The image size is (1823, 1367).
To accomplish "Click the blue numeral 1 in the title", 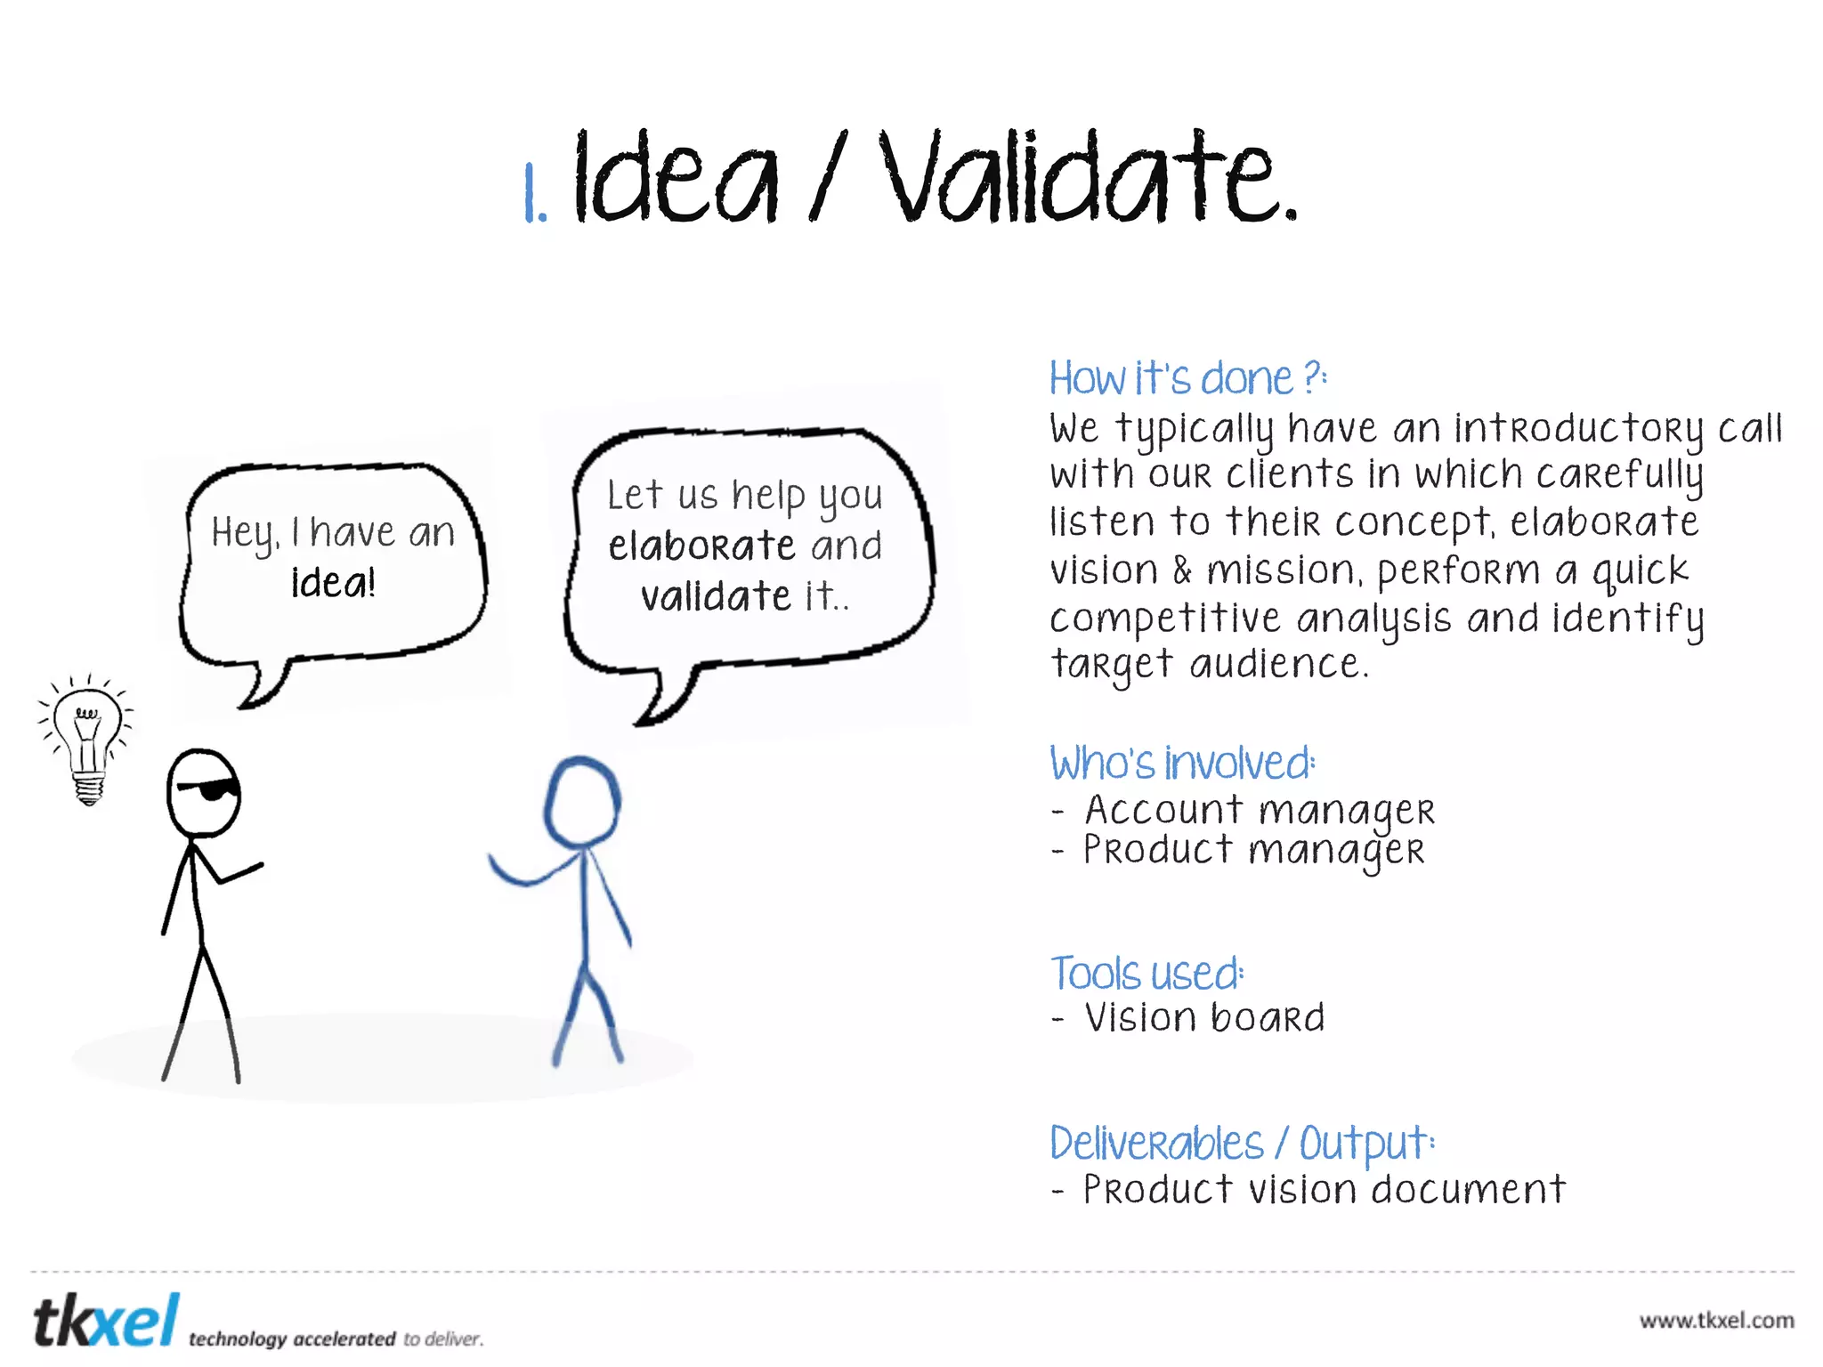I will coord(533,193).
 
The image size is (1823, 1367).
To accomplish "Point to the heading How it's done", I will coord(1187,379).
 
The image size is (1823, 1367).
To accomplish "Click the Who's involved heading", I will coord(1181,764).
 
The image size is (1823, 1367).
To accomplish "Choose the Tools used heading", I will coord(1146,974).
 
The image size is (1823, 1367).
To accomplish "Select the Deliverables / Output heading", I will coord(1241,1144).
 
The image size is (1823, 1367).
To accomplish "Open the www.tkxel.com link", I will coord(1716,1321).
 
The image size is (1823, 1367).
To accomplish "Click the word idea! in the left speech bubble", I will coord(334,583).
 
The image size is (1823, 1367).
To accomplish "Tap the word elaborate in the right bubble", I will coord(701,546).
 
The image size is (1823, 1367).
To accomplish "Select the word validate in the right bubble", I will coord(716,596).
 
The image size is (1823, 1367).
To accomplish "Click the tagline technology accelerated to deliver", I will coord(336,1339).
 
